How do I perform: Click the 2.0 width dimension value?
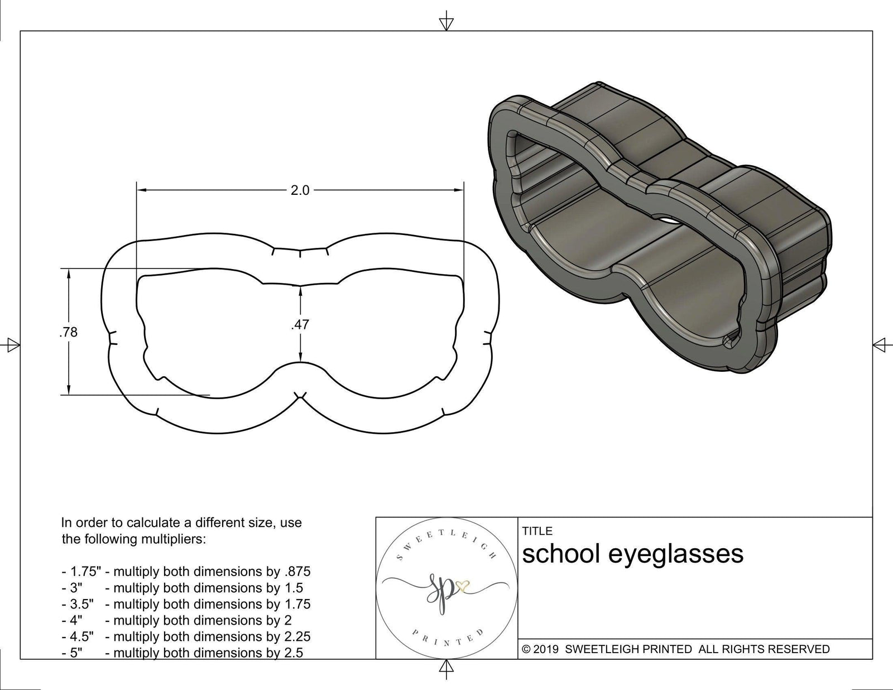(300, 190)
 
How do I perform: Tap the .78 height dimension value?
(68, 333)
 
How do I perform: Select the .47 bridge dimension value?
(300, 324)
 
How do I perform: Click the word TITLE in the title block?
(537, 531)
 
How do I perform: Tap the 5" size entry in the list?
(76, 653)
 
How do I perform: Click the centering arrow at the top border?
(446, 23)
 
